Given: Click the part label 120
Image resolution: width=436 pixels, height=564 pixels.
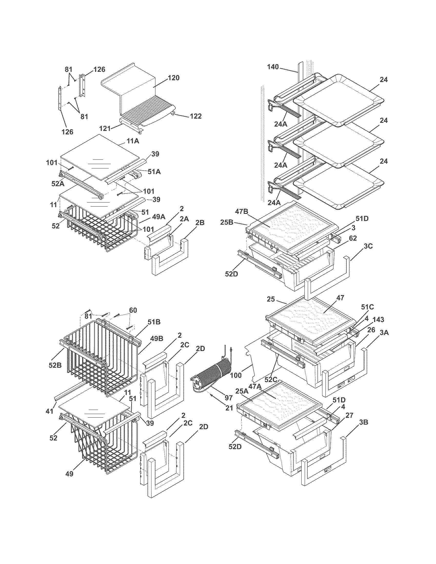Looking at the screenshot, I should (174, 78).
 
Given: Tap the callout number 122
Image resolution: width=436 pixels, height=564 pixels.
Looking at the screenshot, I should (195, 116).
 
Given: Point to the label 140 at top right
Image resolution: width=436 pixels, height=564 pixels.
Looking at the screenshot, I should (273, 67).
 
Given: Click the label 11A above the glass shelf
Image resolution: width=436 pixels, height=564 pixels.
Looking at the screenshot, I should (133, 141).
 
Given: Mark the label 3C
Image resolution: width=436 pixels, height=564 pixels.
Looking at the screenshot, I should (368, 246).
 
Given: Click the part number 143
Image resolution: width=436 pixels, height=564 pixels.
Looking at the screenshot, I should (378, 320).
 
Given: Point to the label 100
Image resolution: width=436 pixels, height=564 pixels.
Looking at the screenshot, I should (235, 375).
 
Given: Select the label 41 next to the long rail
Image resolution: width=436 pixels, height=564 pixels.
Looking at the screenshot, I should (49, 411).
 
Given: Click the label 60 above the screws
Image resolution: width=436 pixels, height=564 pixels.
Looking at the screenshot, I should (133, 310).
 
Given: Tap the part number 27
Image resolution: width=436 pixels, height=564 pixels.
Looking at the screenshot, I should (349, 415).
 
